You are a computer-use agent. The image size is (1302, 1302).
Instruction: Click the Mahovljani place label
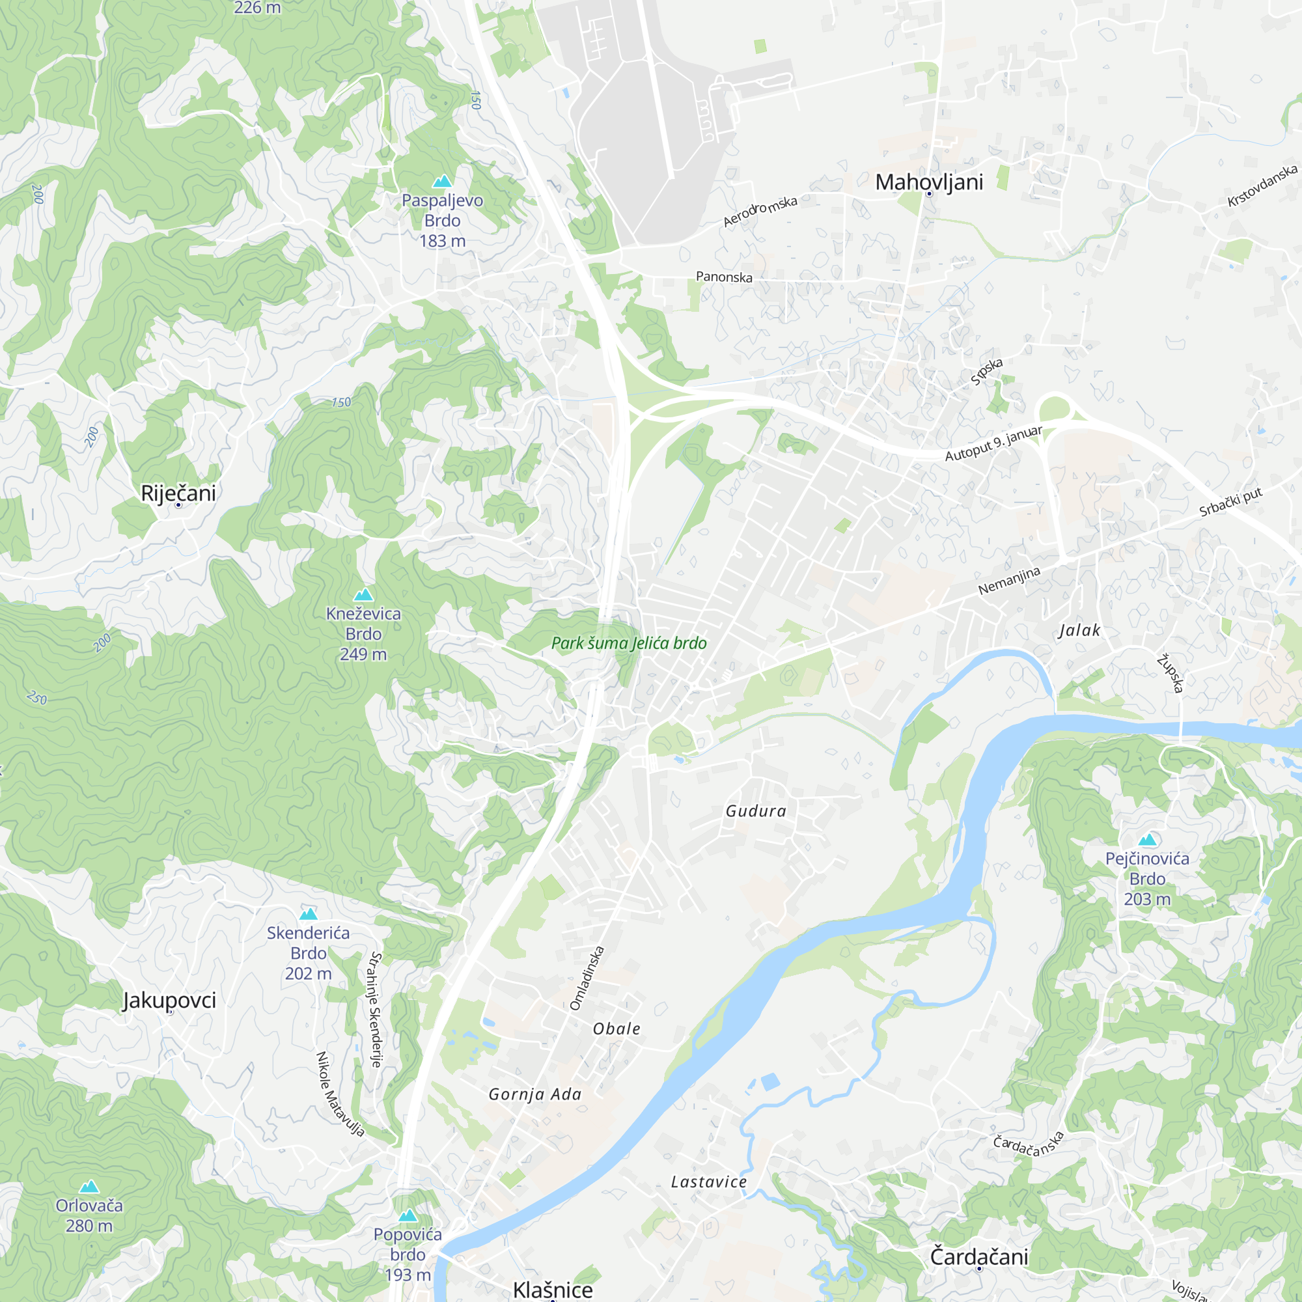click(929, 182)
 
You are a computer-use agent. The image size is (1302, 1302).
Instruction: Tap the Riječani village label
click(178, 493)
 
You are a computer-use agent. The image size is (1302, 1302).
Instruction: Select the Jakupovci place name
click(169, 1000)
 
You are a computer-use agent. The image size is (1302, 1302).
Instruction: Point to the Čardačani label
click(978, 1257)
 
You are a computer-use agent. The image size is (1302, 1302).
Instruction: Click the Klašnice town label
click(553, 1289)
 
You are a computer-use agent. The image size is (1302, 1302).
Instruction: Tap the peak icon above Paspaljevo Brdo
click(442, 180)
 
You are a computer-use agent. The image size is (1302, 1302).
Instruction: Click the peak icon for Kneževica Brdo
click(363, 594)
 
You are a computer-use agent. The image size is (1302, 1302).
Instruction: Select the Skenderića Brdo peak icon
click(308, 914)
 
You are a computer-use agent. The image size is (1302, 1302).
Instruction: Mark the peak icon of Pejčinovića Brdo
click(1147, 840)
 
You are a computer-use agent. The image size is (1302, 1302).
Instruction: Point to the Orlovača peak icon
click(89, 1187)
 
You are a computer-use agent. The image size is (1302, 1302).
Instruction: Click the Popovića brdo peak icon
click(408, 1215)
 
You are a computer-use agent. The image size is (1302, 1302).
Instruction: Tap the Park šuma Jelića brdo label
click(629, 643)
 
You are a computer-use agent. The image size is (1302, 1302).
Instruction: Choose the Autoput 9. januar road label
click(993, 443)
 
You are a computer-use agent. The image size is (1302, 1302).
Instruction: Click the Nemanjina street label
click(1009, 581)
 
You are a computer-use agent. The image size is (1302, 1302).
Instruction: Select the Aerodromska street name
click(760, 211)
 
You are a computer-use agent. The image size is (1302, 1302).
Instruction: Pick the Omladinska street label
click(587, 978)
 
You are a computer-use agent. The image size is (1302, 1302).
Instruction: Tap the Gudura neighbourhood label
click(755, 810)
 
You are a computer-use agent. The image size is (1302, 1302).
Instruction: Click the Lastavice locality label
click(708, 1182)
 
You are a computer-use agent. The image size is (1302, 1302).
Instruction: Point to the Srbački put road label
click(1230, 503)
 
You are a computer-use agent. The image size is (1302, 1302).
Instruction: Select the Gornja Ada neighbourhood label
click(535, 1094)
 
